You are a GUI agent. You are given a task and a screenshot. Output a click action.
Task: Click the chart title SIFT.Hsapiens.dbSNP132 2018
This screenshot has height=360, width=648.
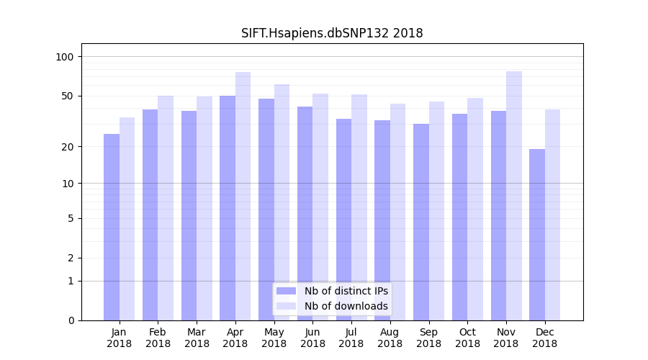tap(332, 34)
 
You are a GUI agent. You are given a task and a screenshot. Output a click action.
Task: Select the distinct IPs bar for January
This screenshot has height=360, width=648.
tap(112, 227)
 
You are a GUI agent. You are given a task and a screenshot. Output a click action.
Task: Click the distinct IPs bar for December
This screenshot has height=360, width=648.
tap(537, 235)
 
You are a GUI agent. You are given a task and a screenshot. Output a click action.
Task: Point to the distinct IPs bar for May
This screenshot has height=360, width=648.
tap(266, 210)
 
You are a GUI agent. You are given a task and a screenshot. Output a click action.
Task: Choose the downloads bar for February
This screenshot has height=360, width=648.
tap(166, 208)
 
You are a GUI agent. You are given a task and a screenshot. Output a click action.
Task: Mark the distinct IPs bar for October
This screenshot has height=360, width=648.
tap(460, 217)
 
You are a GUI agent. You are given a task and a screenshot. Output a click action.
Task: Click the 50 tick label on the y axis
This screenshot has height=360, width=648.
tap(67, 96)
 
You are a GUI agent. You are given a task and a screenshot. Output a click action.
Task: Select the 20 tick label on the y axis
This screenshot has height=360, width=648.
tap(67, 147)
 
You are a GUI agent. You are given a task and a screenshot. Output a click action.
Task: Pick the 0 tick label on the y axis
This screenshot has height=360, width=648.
tap(71, 320)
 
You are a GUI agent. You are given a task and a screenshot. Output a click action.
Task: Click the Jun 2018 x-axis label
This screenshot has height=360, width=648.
tap(312, 338)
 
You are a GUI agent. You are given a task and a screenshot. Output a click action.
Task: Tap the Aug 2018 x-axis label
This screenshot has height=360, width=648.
tap(390, 338)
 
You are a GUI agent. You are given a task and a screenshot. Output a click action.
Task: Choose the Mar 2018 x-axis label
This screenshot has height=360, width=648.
tap(197, 338)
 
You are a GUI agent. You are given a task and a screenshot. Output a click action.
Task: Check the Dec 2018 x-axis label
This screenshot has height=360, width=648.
tap(545, 338)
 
